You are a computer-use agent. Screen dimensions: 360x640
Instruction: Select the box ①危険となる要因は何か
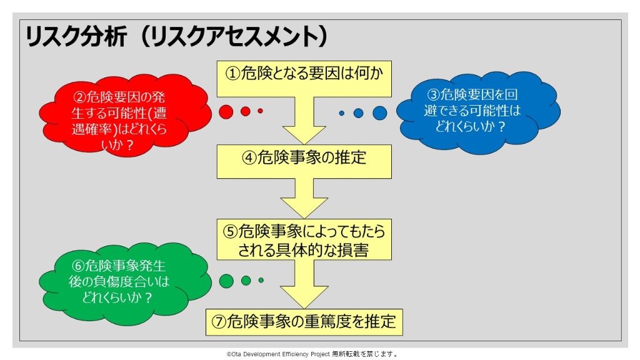click(304, 74)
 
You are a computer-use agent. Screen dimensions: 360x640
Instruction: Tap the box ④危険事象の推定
click(304, 157)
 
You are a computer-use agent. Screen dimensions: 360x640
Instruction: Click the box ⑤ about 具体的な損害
click(304, 241)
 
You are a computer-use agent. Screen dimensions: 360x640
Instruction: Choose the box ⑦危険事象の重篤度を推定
click(304, 322)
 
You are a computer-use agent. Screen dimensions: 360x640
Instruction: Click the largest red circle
click(226, 112)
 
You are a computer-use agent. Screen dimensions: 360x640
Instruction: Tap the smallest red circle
click(260, 111)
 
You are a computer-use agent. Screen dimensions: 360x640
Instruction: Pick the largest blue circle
click(380, 113)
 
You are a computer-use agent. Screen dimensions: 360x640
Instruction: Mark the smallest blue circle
click(342, 113)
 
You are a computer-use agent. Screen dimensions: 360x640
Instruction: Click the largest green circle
click(227, 281)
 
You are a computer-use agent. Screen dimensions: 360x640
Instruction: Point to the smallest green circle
click(261, 281)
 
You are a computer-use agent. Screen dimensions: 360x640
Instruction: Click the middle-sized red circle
click(246, 111)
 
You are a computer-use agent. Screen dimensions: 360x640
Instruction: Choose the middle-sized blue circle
click(358, 113)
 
